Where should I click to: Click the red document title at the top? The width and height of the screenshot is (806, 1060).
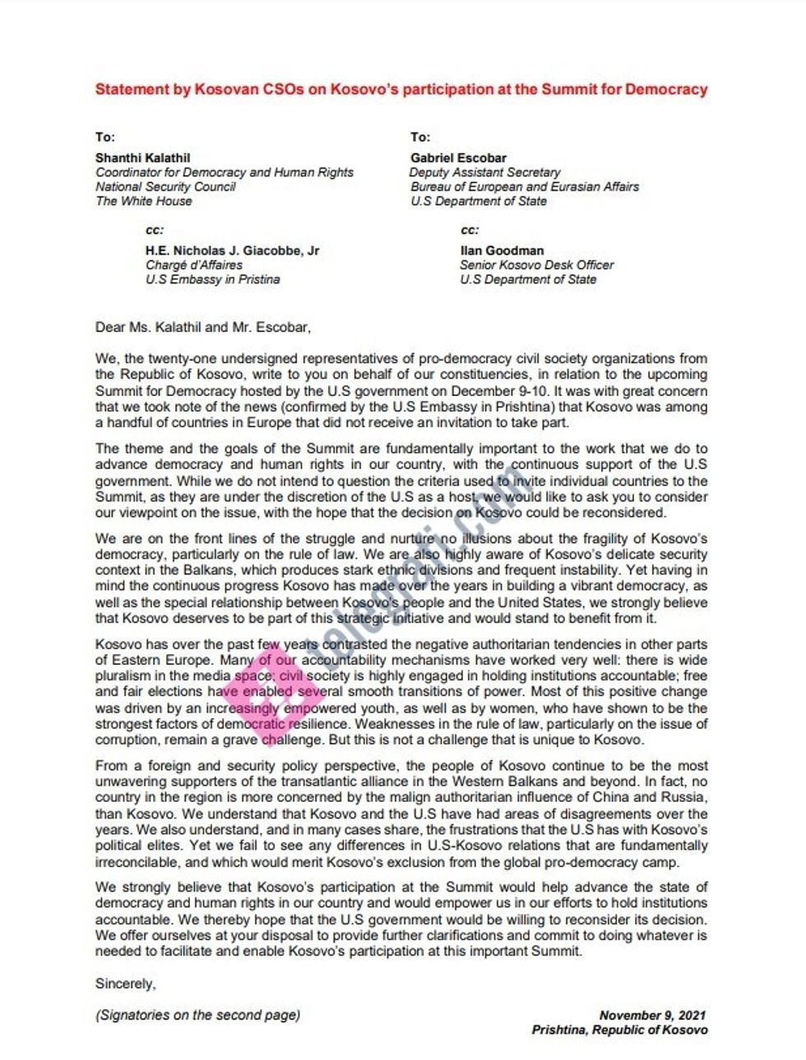coord(401,90)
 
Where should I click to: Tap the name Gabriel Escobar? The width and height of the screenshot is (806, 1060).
coord(459,158)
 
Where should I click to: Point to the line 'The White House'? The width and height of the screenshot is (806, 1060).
coord(143,201)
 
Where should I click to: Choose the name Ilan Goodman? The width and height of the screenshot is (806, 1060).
coord(502,251)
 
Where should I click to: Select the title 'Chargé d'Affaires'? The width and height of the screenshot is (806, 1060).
coord(194,265)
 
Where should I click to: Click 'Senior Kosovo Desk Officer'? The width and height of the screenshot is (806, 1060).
coord(536,265)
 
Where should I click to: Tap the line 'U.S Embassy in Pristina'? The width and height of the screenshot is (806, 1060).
coord(212,279)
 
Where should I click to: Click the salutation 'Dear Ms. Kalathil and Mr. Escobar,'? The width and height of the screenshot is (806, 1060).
coord(203,327)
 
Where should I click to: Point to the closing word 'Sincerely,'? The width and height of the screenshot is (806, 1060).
coord(125,984)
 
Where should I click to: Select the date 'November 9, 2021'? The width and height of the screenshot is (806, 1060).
coord(652,1016)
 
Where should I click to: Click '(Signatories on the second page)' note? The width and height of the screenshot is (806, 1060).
coord(197,1015)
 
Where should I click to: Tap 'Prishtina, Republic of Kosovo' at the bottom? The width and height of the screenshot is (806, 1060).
coord(618,1030)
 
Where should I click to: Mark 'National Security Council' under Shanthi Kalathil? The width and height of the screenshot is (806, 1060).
coord(165,187)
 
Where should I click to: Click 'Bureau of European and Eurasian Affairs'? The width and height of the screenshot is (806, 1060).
coord(525,187)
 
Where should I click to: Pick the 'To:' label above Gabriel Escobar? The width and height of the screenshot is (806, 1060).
coord(419,137)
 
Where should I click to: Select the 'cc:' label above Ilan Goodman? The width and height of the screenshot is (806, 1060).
coord(470,230)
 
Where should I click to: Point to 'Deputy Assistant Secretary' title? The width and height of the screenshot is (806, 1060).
coord(485,173)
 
